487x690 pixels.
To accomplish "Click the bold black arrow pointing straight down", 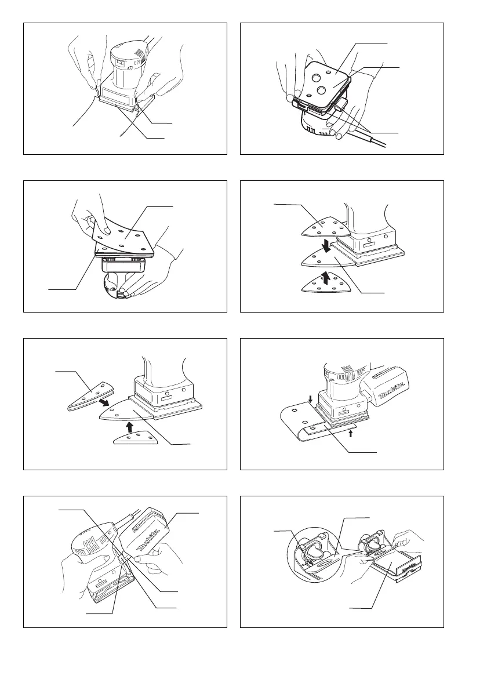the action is (x=326, y=245).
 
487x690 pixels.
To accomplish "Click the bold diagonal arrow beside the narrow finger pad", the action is (x=104, y=402).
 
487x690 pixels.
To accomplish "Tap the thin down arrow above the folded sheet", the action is (x=311, y=399).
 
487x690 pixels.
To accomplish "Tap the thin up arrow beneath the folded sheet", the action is (x=351, y=434).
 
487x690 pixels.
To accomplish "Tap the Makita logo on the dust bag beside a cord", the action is (x=147, y=543).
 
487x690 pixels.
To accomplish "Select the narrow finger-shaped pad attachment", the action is (x=91, y=396).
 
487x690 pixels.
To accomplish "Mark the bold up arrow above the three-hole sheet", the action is (x=129, y=426).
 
